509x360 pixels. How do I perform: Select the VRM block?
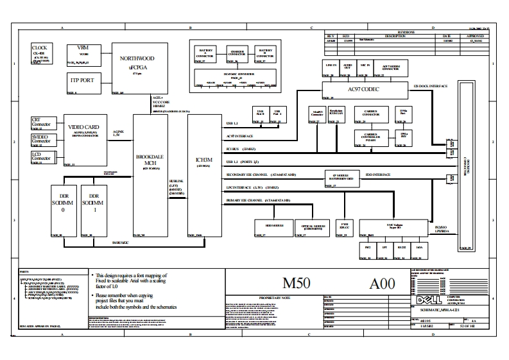pyautogui.click(x=82, y=51)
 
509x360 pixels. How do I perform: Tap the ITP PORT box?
pyautogui.click(x=82, y=82)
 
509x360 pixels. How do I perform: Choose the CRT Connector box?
pyautogui.click(x=41, y=123)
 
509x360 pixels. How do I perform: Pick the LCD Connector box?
pyautogui.click(x=41, y=157)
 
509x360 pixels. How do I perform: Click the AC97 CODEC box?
pyautogui.click(x=363, y=90)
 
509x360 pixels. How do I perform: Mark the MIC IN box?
pyautogui.click(x=365, y=68)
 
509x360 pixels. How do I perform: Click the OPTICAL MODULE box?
pyautogui.click(x=312, y=227)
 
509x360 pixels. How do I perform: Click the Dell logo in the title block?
pyautogui.click(x=424, y=300)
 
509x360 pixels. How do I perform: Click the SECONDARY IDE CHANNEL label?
pyautogui.click(x=261, y=175)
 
